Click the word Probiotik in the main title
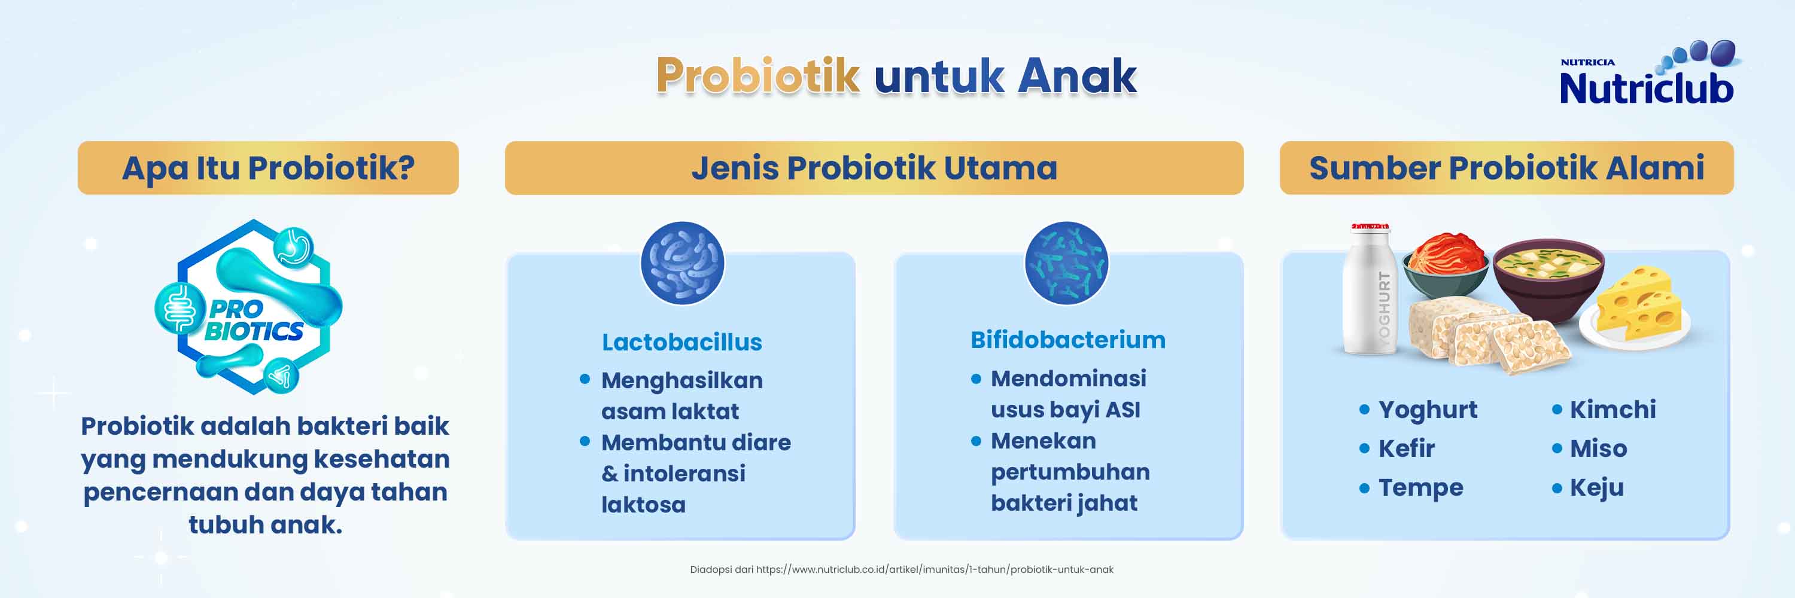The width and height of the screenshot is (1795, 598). click(757, 75)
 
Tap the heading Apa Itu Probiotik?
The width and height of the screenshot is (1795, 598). click(268, 169)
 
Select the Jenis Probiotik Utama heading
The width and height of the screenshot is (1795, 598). click(874, 169)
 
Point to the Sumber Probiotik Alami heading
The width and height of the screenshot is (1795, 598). click(1507, 169)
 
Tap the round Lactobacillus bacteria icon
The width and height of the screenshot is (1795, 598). click(682, 263)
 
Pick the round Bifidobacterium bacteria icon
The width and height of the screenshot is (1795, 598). click(1066, 263)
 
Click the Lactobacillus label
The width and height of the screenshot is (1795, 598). click(682, 342)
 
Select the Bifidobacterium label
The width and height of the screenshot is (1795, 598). click(1067, 340)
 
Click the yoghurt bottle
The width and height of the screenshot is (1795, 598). click(1368, 288)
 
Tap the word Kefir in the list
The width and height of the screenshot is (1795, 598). click(1406, 448)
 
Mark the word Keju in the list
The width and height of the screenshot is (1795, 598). click(1596, 488)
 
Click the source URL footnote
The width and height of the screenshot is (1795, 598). click(902, 569)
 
